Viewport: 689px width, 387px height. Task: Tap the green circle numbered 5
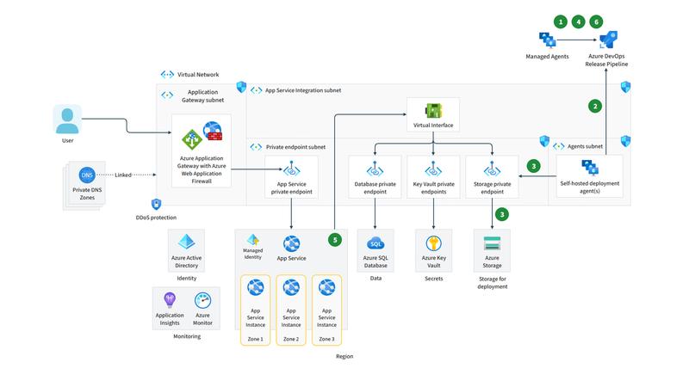335,240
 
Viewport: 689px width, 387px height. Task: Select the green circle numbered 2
594,107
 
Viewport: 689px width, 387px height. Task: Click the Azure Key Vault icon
434,244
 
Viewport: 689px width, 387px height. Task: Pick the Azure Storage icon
492,243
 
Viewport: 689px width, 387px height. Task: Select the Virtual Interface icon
434,111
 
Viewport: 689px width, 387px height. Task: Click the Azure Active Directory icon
186,243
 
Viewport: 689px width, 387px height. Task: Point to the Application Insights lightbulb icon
170,300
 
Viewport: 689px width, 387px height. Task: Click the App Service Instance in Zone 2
291,287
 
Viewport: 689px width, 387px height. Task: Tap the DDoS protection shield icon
155,204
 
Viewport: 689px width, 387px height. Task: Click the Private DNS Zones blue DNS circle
86,175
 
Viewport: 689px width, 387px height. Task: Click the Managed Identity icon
253,240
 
